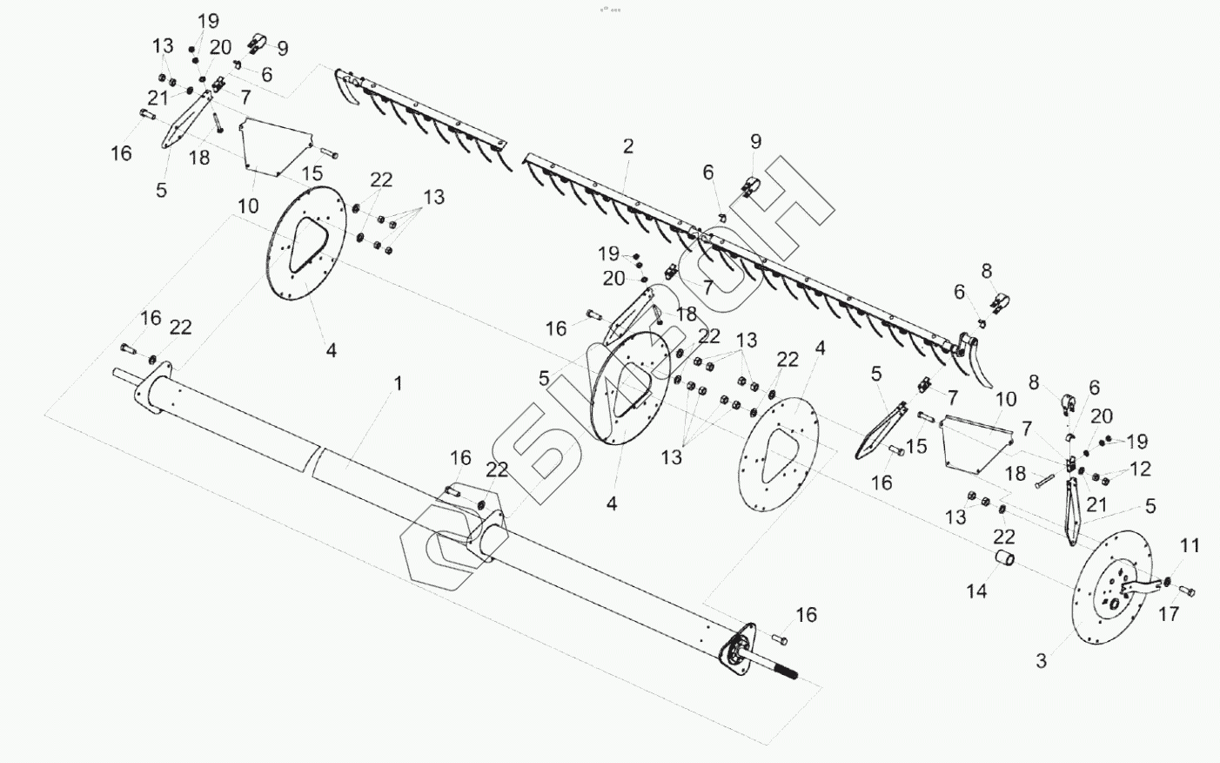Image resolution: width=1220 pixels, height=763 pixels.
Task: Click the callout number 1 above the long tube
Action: (x=398, y=384)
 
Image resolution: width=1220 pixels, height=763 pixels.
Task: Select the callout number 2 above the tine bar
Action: (x=628, y=146)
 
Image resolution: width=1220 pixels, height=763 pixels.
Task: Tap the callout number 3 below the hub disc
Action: (x=1041, y=661)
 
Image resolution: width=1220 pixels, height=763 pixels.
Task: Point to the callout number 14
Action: (x=976, y=591)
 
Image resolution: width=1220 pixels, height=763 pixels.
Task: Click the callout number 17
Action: (x=1169, y=614)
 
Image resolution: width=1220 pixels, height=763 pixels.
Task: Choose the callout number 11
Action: (x=1190, y=546)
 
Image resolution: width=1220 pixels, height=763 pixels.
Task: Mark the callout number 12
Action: (x=1140, y=469)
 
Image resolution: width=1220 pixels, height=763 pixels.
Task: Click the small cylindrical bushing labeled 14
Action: (x=1006, y=557)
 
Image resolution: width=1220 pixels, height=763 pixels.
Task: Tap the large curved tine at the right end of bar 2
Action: (x=983, y=370)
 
